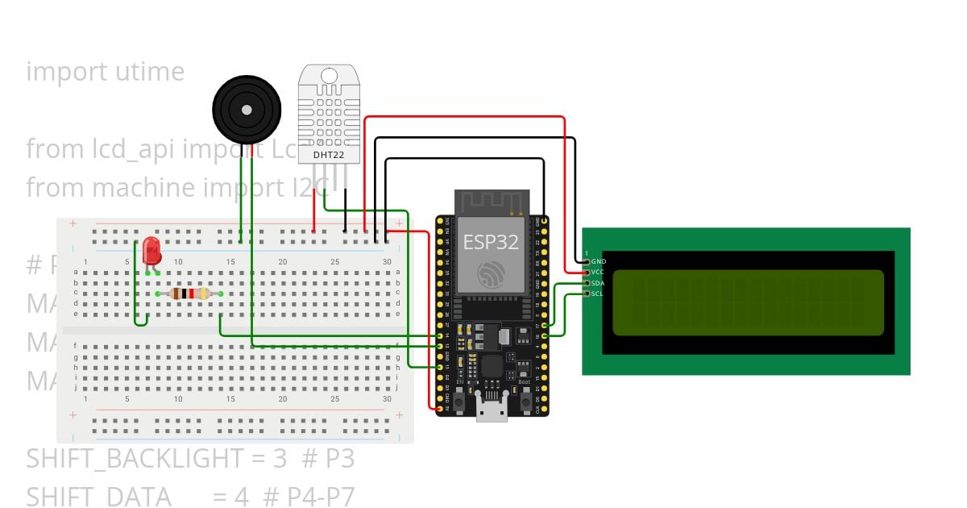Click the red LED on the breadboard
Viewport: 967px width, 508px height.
[x=151, y=251]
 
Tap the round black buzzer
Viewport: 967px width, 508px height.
[x=247, y=109]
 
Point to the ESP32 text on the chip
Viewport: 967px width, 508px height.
[x=491, y=242]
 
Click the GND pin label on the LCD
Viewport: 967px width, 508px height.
[x=598, y=261]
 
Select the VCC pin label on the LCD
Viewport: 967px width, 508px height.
[x=598, y=273]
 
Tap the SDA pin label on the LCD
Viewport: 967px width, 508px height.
[x=598, y=283]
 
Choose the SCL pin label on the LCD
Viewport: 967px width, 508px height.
[x=598, y=294]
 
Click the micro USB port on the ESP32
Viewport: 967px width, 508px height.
[x=491, y=413]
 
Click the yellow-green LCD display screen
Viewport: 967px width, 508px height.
[x=748, y=302]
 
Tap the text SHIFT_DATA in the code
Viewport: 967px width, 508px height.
[x=98, y=496]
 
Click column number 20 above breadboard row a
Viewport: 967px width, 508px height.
[x=283, y=262]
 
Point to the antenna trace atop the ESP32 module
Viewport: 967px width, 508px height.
[x=491, y=202]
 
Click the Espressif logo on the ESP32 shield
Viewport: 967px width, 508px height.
[x=491, y=274]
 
